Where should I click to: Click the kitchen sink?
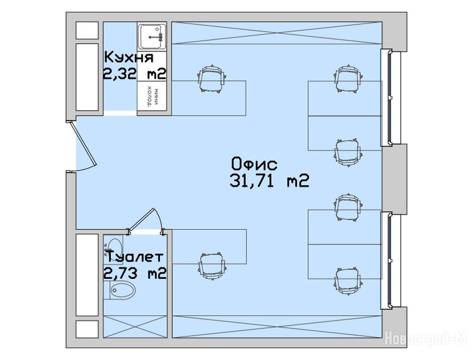point(152,37)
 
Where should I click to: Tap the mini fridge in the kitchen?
point(152,96)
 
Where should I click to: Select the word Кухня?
point(129,57)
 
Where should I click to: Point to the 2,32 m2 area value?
point(135,73)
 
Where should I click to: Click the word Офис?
point(254,164)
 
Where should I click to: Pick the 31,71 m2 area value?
point(269,181)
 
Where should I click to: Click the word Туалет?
point(135,256)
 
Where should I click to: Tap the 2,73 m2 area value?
point(135,273)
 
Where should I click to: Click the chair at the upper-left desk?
point(212,79)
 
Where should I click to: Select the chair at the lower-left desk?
point(212,266)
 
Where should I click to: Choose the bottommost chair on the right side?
point(347,281)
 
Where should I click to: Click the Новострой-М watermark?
point(426,338)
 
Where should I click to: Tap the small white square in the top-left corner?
point(87,30)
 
